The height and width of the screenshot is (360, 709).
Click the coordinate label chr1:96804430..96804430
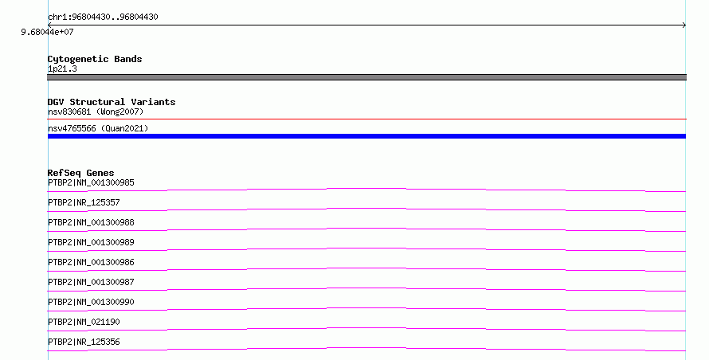(103, 18)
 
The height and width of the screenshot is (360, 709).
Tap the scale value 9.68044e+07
(47, 32)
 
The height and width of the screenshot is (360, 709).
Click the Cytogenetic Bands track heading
(95, 59)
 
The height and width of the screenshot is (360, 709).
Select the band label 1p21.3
(62, 68)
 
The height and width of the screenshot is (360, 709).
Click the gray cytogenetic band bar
(366, 77)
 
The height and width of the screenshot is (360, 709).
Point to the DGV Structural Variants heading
(112, 102)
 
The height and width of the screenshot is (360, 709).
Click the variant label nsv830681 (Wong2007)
(96, 112)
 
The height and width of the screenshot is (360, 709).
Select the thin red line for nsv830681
(366, 119)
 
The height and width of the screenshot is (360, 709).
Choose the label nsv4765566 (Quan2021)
(98, 128)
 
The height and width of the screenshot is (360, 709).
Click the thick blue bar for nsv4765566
(366, 136)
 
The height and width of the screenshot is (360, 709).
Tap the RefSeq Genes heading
(81, 173)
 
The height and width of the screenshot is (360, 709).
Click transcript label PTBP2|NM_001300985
(91, 182)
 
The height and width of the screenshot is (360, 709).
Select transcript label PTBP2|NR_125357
(84, 202)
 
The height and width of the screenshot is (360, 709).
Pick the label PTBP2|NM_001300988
(91, 222)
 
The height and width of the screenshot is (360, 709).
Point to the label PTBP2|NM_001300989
(91, 242)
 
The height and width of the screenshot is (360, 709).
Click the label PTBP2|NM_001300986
(91, 262)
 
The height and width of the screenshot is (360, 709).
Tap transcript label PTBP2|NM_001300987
(91, 282)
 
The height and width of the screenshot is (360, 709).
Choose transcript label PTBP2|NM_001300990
(91, 302)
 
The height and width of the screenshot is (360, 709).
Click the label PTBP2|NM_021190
(84, 322)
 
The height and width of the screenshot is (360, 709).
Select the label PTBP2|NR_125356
(84, 342)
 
